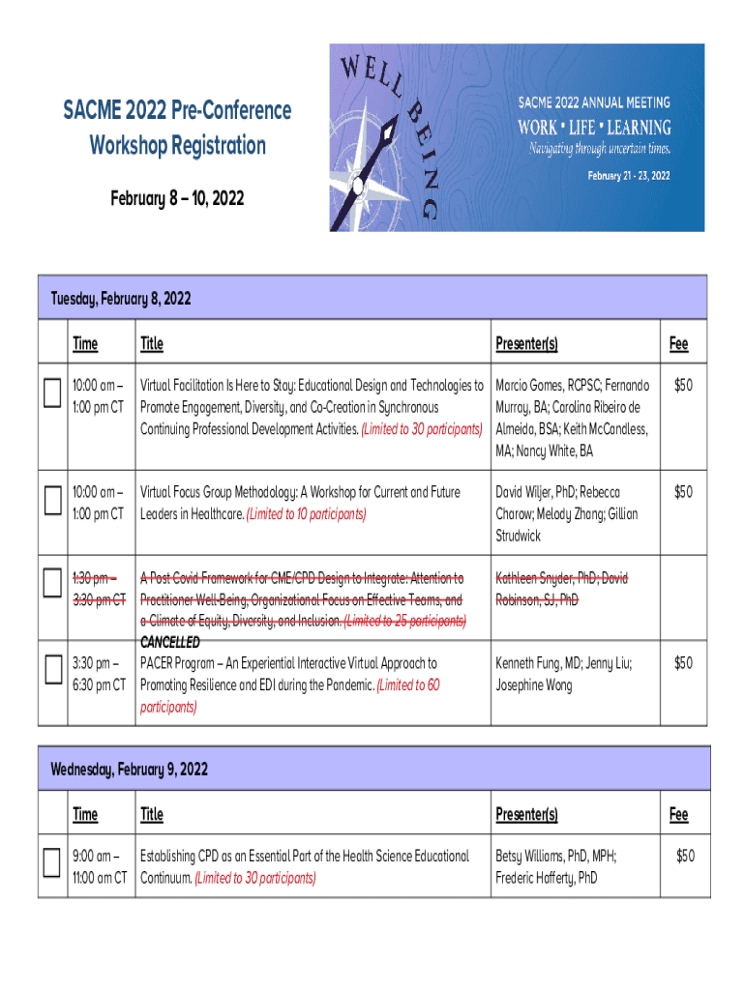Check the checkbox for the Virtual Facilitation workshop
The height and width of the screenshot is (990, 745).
click(x=51, y=393)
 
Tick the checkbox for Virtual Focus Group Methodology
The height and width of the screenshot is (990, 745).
click(x=51, y=499)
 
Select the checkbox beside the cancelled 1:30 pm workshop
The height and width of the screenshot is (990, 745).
click(x=51, y=584)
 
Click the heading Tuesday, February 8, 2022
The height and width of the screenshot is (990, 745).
click(x=121, y=299)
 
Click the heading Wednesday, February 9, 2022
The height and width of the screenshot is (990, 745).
click(x=130, y=770)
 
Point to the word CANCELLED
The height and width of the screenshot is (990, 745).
click(x=170, y=642)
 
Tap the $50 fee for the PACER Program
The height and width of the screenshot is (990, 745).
click(x=683, y=663)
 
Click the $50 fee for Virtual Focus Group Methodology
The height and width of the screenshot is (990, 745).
click(x=683, y=492)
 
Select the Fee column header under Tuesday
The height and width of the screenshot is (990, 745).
click(x=678, y=343)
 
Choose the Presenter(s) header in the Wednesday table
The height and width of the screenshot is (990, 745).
click(x=526, y=814)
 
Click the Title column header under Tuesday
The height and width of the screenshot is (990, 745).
click(x=152, y=343)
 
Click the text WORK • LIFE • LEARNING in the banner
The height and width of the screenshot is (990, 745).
click(x=594, y=128)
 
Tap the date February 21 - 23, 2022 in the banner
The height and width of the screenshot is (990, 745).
click(x=628, y=176)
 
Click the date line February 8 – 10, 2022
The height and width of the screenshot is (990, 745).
click(x=177, y=199)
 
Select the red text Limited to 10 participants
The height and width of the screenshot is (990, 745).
click(x=307, y=514)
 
